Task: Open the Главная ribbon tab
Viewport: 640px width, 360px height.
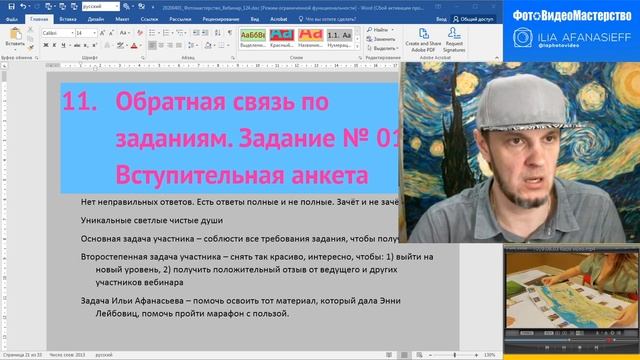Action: click(39, 18)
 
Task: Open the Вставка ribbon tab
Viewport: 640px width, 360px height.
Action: click(70, 18)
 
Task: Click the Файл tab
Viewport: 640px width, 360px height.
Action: click(12, 18)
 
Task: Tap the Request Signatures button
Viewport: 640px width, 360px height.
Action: click(454, 47)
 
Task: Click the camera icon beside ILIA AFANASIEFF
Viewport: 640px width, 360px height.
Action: click(522, 39)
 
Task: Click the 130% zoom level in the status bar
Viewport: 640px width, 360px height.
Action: click(489, 355)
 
